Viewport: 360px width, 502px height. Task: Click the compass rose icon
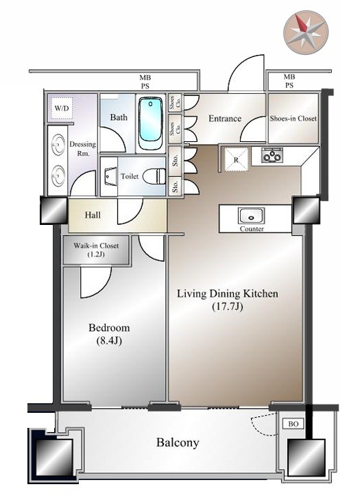point(306,32)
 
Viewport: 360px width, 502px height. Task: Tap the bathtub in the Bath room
point(150,123)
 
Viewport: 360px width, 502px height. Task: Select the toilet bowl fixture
point(154,176)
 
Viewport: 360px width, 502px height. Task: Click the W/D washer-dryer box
point(62,108)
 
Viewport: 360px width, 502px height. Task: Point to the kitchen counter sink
point(251,216)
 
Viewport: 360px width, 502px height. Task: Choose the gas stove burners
point(272,155)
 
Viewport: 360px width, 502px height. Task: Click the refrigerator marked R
point(236,160)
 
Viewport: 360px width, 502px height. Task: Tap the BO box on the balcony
point(293,424)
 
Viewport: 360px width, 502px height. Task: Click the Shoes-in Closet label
point(293,118)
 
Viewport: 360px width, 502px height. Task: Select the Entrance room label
point(225,119)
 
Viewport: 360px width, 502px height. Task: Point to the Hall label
point(93,215)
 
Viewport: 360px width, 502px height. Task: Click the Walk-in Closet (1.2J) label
point(96,250)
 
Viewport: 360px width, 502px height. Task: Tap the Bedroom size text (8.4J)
point(109,341)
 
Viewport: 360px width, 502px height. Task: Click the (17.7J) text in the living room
point(228,307)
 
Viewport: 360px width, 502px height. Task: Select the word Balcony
point(178,443)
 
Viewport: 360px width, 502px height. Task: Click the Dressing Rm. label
point(82,149)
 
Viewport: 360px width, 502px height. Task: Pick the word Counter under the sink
point(252,229)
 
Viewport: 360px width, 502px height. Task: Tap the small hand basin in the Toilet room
point(109,176)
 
